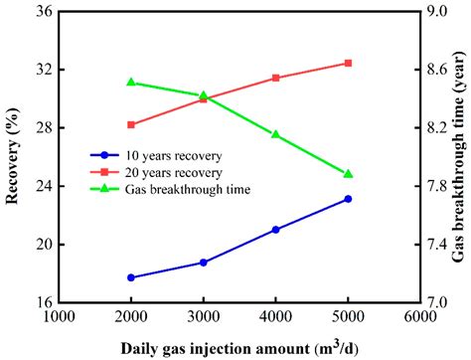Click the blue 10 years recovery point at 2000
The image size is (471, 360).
click(x=131, y=277)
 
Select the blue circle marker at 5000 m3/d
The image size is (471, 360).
click(x=348, y=199)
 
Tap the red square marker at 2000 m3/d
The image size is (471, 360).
click(x=131, y=124)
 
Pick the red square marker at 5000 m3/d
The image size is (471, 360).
click(x=348, y=63)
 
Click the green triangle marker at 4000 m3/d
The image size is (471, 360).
click(x=275, y=134)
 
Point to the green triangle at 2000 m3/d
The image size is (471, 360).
click(x=131, y=83)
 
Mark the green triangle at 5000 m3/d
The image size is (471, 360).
click(x=348, y=173)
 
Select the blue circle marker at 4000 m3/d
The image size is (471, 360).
click(x=275, y=230)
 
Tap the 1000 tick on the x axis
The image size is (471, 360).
click(x=59, y=316)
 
